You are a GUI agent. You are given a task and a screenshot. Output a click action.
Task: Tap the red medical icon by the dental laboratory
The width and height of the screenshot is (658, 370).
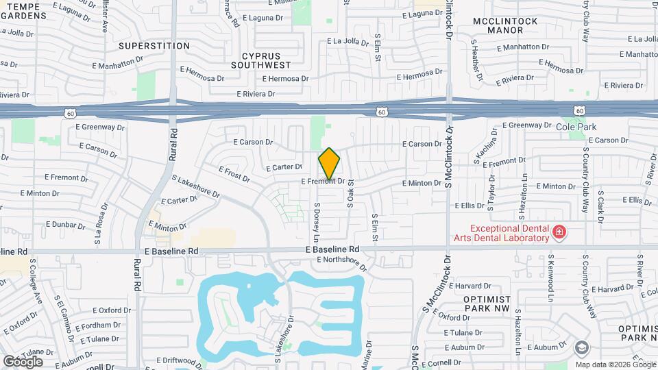[559, 232]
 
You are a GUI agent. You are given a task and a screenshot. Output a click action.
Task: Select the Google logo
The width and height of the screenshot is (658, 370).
[23, 360]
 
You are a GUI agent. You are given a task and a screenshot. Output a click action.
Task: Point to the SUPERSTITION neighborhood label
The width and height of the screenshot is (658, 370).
[154, 46]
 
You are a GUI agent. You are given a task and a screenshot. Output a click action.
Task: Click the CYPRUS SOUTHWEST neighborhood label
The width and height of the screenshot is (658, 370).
[260, 60]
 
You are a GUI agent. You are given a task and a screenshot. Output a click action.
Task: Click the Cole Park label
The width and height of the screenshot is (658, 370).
[576, 127]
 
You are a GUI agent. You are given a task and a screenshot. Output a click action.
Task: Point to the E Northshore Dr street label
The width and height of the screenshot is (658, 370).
[342, 260]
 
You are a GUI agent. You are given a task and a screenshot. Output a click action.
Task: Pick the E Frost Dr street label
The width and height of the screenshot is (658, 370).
[234, 173]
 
